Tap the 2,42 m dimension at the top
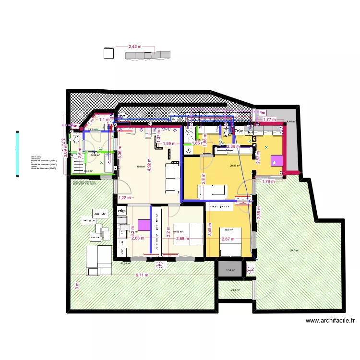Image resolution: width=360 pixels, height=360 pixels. coord(135,47)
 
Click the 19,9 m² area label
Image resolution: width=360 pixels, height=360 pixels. coord(140,167)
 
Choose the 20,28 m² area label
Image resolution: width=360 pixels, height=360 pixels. coord(234,166)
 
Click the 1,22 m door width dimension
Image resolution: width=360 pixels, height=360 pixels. coord(124,198)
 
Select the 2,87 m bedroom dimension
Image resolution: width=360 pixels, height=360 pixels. coord(228,239)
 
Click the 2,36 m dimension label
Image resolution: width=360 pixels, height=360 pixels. coord(233,146)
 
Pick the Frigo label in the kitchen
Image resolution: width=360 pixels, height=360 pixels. coord(121,211)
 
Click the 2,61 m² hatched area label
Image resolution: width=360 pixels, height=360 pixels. coord(235,290)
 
